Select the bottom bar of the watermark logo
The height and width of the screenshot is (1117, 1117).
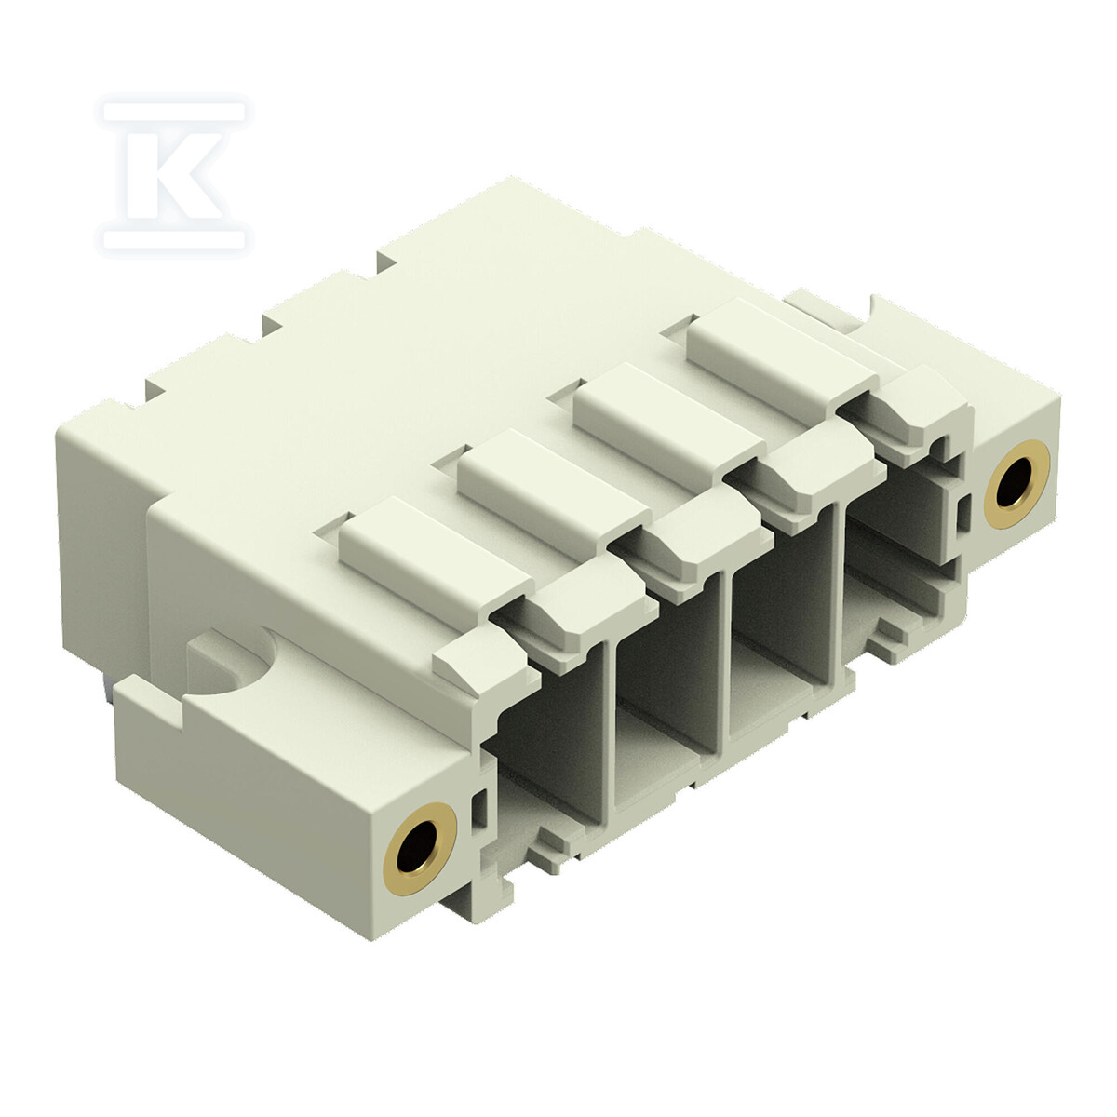pyautogui.click(x=174, y=239)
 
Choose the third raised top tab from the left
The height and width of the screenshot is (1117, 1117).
pyautogui.click(x=670, y=420)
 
